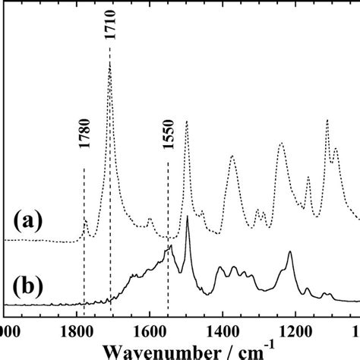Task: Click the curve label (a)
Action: (x=28, y=222)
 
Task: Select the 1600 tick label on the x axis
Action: (x=149, y=332)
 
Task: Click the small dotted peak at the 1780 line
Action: (x=85, y=220)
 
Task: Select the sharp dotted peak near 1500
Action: (x=186, y=121)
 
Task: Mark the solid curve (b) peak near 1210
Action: (x=290, y=252)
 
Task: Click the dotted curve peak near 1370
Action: (x=232, y=157)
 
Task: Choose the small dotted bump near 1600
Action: (x=150, y=219)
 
